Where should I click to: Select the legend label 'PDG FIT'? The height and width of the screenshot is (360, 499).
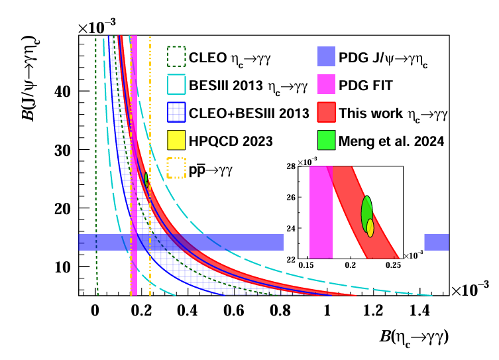(366, 86)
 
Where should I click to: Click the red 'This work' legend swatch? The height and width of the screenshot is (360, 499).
(327, 113)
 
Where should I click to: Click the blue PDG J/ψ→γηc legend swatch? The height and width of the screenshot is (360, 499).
(327, 57)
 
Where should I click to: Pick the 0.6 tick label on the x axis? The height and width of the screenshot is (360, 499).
(234, 310)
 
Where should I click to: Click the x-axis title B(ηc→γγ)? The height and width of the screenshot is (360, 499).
(414, 337)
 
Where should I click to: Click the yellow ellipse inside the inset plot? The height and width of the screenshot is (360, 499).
(370, 227)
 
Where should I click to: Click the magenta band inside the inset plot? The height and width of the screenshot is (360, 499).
(321, 212)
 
